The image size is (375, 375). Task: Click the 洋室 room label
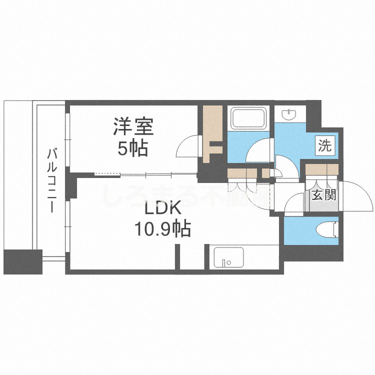click(x=133, y=126)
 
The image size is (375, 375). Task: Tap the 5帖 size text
click(x=133, y=147)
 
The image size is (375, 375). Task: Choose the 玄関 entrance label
click(x=323, y=195)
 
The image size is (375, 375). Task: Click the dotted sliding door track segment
click(x=107, y=174)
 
